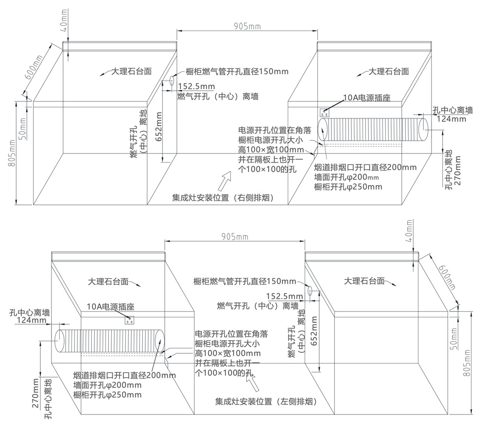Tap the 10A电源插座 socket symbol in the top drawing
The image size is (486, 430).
pos(325,112)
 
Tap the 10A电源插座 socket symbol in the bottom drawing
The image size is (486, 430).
pos(129,319)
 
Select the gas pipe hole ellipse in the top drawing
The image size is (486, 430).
pos(172,82)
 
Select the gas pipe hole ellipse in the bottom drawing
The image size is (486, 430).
pos(309,291)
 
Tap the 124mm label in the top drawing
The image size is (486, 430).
pos(449,118)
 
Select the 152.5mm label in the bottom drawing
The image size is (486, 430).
pos(284,296)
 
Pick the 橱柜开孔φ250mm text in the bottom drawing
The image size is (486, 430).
pos(107,395)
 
